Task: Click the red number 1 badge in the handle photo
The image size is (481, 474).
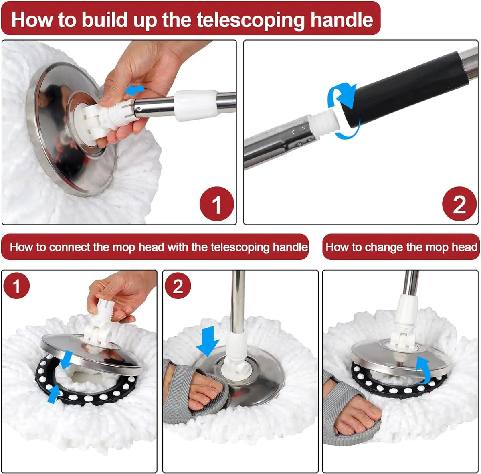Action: [216, 204]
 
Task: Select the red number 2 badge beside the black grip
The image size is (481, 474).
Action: [459, 204]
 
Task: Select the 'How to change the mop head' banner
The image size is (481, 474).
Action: [401, 247]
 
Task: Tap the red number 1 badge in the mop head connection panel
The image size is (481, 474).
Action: [16, 286]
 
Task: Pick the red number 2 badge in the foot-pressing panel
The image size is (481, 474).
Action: [178, 286]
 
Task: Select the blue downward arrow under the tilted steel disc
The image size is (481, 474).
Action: [66, 359]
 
